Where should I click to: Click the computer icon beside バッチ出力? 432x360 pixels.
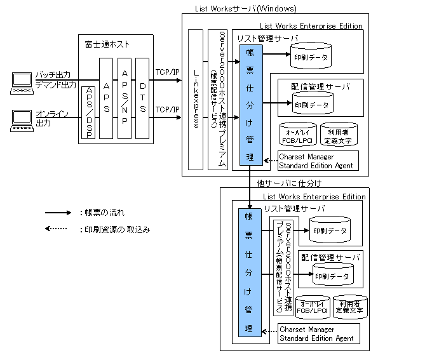coord(22,81)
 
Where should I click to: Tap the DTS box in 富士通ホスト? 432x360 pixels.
coord(142,98)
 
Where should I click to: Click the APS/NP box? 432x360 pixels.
coord(125,98)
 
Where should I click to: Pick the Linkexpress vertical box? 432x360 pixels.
coord(196,99)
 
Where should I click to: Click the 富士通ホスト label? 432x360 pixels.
coord(107,44)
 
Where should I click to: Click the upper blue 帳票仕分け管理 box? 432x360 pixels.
coord(250,105)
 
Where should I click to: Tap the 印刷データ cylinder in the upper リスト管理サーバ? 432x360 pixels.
coord(311,57)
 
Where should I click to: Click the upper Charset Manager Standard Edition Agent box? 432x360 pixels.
coord(318,161)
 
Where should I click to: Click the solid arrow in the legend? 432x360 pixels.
coord(57,212)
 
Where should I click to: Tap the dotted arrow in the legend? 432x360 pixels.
coord(57,229)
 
